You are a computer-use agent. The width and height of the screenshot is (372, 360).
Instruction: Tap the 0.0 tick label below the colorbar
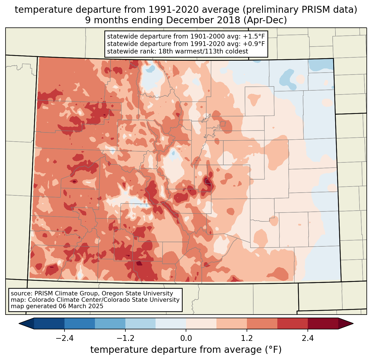[186, 338]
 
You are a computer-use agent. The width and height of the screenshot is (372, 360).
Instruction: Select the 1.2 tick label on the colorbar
[247, 338]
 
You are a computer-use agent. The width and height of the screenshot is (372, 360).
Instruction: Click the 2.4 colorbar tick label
[308, 338]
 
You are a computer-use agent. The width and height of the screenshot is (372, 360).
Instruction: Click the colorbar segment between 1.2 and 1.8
[262, 323]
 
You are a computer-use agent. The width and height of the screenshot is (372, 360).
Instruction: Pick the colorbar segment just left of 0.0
[171, 323]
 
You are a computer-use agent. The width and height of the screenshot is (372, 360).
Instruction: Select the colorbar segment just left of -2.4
[49, 323]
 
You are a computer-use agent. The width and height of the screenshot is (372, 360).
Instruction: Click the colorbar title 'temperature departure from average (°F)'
[186, 350]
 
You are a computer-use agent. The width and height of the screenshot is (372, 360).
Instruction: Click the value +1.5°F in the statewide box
[254, 36]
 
